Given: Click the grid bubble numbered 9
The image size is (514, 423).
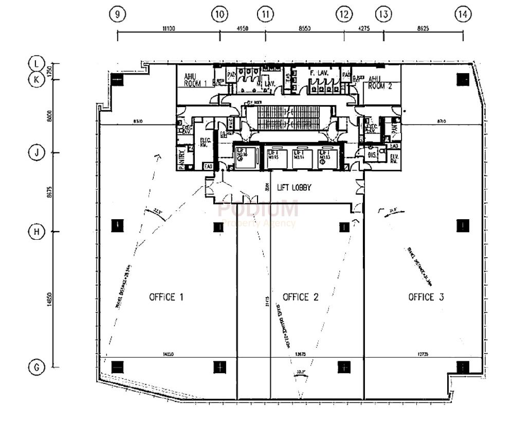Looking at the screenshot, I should click(x=118, y=14).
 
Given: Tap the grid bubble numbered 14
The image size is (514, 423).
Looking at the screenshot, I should click(x=463, y=14).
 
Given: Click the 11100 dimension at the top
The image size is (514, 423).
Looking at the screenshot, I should click(x=169, y=29).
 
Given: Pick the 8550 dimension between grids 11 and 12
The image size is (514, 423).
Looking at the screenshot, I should click(x=304, y=29).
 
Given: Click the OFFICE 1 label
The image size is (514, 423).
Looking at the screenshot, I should click(x=167, y=297).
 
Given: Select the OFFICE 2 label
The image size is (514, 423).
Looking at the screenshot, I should click(x=301, y=297).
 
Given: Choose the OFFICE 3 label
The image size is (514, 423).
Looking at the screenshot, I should click(x=426, y=297).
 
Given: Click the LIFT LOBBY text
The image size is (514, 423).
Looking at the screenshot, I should click(x=295, y=188).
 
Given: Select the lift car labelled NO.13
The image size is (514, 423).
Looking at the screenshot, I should click(x=325, y=156).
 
